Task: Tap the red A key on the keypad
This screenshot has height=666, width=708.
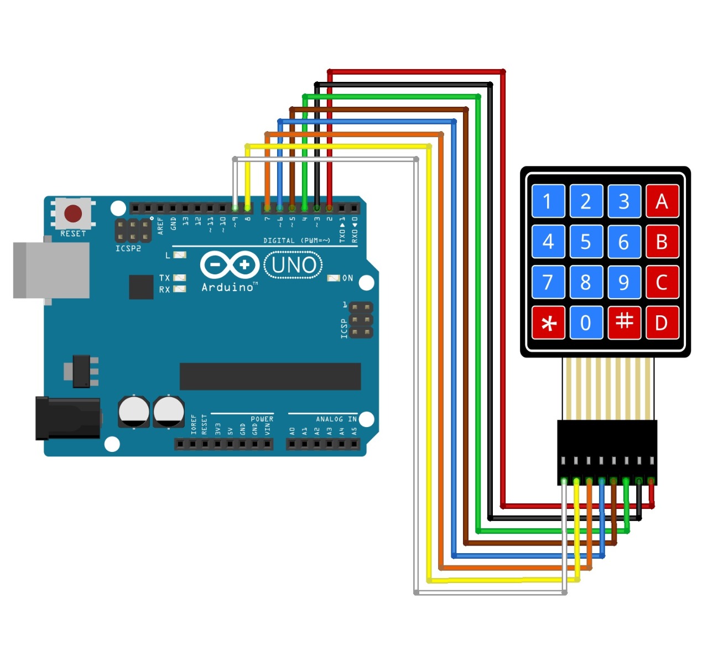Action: click(x=662, y=202)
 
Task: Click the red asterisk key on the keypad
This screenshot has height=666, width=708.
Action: click(x=548, y=323)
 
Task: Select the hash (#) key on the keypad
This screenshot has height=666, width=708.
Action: click(x=624, y=322)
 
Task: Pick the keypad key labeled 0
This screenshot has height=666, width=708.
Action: click(x=586, y=323)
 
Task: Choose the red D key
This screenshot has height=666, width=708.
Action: click(x=662, y=323)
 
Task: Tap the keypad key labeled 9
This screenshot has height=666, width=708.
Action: click(x=624, y=283)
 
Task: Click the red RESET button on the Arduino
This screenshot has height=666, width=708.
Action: click(x=73, y=213)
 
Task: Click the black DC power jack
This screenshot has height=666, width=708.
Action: click(x=67, y=418)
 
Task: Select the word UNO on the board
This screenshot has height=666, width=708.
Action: click(x=294, y=266)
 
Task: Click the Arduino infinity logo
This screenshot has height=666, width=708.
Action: click(x=230, y=265)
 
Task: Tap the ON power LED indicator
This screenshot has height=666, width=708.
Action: click(x=334, y=278)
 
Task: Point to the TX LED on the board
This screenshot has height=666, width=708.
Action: click(x=179, y=278)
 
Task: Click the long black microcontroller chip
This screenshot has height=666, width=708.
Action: click(x=270, y=376)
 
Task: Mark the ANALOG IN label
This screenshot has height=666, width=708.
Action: click(x=336, y=419)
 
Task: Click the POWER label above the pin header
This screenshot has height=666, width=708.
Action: click(x=262, y=419)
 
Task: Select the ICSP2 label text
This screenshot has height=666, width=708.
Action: click(x=128, y=249)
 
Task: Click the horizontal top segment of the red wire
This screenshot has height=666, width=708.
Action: click(x=415, y=72)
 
